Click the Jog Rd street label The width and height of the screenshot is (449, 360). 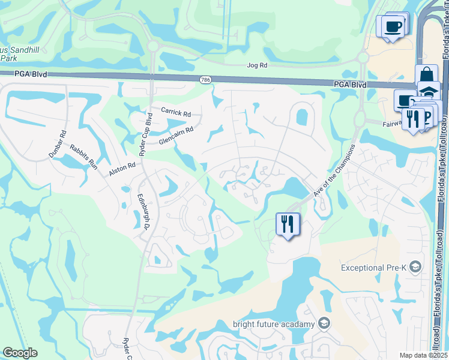256,65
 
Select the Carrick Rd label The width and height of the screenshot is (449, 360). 175,112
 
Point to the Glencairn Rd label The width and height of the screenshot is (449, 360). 176,134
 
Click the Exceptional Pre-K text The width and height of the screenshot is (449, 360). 375,268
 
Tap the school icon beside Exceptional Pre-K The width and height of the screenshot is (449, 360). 415,268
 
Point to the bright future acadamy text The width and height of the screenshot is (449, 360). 274,325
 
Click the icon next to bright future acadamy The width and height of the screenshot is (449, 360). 324,324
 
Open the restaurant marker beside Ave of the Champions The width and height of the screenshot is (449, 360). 288,224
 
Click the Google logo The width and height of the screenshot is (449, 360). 20,353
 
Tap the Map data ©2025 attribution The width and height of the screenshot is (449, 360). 423,355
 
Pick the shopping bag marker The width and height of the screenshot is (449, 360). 426,76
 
